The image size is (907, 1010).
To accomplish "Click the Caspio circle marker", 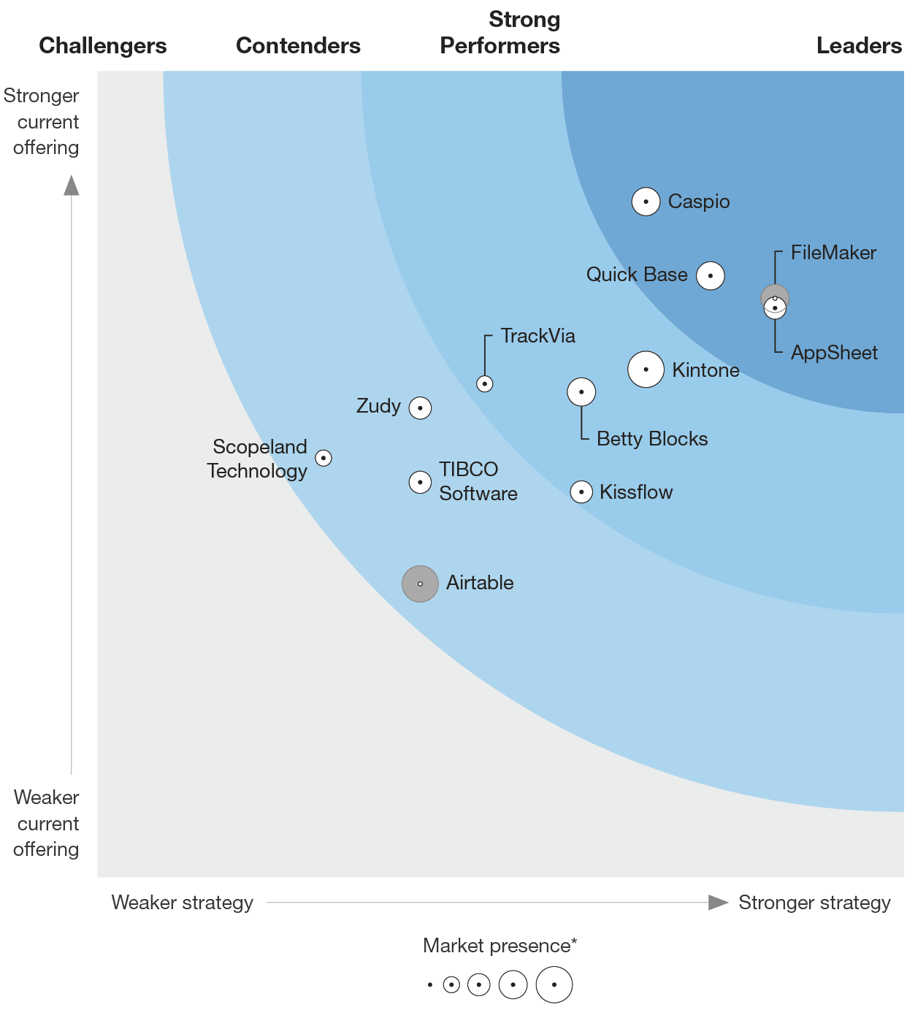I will pos(646,202).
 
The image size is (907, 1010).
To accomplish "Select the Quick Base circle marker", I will pos(710,276).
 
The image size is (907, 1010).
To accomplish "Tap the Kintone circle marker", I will pos(646,370).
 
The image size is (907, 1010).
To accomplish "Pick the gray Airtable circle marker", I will pos(420,584).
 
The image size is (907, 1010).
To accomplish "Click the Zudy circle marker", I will pos(420,408).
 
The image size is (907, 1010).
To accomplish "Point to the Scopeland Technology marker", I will pos(324,458).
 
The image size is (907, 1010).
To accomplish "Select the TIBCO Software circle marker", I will pos(420,482).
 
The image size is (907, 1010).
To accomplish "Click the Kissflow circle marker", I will pos(581,492).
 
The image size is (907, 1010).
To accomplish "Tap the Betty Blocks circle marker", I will pos(581,392).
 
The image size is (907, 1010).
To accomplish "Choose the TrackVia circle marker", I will pos(485,383).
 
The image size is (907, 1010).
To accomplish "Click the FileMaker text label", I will pos(833,253).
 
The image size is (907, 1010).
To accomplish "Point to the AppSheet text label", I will pos(834,353).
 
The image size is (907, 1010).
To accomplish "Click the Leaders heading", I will pos(859,45).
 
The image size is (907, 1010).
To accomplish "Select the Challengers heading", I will pos(103,45).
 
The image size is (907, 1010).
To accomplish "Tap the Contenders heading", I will pos(298,45).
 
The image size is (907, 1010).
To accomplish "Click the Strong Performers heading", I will pos(500,33).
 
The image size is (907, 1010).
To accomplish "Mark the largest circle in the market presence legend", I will pos(554,984).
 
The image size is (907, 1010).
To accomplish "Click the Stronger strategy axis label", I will pos(814,903).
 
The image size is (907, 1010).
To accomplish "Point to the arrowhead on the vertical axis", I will pos(72,185).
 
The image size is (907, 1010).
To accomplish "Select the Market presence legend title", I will pos(500,946).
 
